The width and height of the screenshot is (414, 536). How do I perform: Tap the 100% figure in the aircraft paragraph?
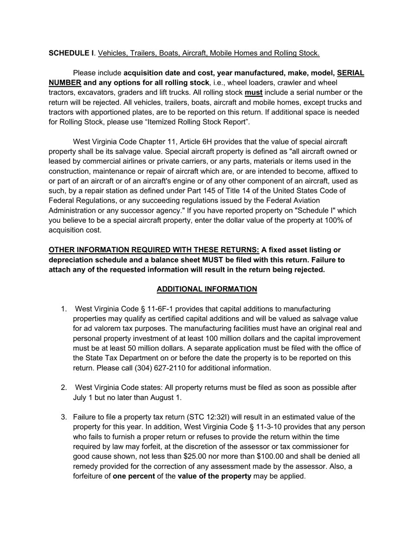[333, 220]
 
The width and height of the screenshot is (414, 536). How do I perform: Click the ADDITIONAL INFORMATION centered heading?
[207, 289]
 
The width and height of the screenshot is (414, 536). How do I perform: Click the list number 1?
[64, 309]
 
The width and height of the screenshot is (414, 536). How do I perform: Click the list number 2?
[64, 387]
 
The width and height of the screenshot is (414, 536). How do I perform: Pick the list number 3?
[64, 417]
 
